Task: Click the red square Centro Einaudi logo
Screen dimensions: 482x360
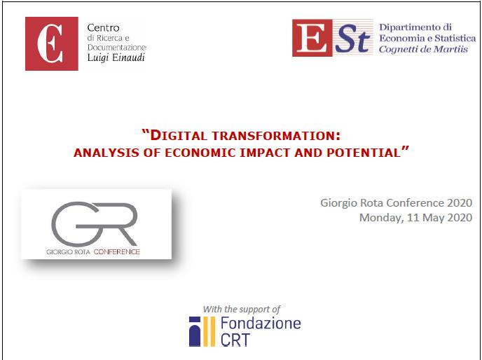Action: [x=52, y=43]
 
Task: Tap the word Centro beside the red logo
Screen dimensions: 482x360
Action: [x=103, y=28]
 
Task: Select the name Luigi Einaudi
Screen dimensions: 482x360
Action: [x=116, y=58]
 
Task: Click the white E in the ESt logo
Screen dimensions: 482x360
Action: [x=312, y=38]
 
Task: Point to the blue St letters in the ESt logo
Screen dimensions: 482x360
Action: [x=352, y=39]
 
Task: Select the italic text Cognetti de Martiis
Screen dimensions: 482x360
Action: [x=423, y=49]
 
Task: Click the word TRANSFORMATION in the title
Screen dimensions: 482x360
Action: [x=276, y=136]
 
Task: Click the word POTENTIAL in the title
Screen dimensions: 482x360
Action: [x=364, y=153]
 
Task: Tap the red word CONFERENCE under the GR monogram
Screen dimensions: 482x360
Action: [x=117, y=251]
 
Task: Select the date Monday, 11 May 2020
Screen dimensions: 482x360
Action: [x=415, y=218]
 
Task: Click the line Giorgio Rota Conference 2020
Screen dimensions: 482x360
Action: [x=397, y=203]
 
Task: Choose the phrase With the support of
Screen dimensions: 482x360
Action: [x=242, y=309]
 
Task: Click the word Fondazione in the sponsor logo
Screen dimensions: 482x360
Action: [x=261, y=324]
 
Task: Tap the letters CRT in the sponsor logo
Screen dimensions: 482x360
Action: [x=235, y=340]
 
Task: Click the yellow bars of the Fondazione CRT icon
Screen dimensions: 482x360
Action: [x=209, y=332]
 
